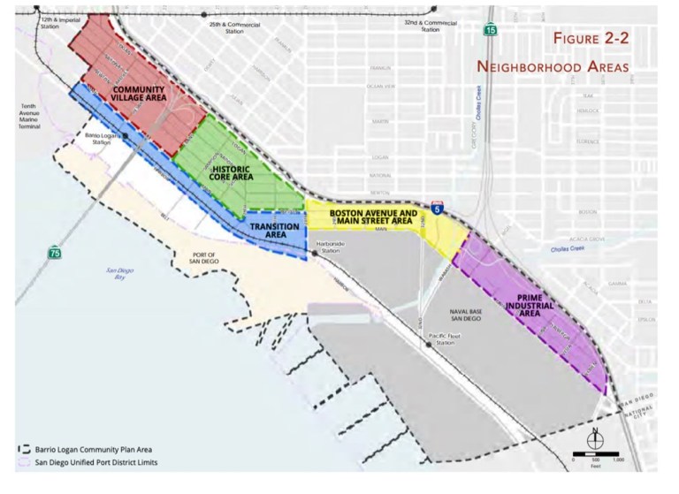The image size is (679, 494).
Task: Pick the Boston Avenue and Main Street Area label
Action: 371,218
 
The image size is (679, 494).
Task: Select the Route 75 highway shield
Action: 55,253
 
